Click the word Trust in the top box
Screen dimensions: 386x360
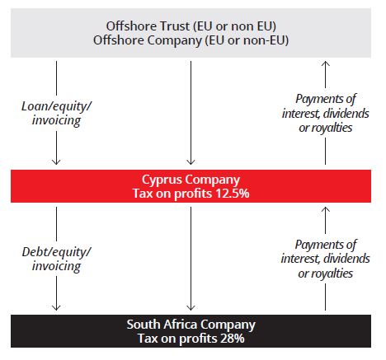pyautogui.click(x=175, y=26)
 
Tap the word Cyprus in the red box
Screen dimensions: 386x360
pyautogui.click(x=162, y=180)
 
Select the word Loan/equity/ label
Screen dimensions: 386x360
pyautogui.click(x=56, y=106)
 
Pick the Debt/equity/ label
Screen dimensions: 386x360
pyautogui.click(x=56, y=252)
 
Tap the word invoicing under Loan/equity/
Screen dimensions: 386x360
pyautogui.click(x=56, y=120)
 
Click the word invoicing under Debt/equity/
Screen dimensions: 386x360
pyautogui.click(x=56, y=266)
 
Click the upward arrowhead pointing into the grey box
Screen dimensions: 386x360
pyautogui.click(x=326, y=63)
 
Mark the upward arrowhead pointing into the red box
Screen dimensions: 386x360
pyautogui.click(x=326, y=209)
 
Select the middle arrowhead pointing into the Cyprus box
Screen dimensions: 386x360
pyautogui.click(x=191, y=162)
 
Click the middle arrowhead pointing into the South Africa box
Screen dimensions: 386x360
pyautogui.click(x=191, y=307)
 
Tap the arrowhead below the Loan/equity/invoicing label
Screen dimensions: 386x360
pyautogui.click(x=56, y=162)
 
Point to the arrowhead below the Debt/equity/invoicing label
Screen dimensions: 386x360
pyautogui.click(x=56, y=307)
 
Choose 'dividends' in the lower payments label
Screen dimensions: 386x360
pyautogui.click(x=346, y=259)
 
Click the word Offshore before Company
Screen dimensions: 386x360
pyautogui.click(x=119, y=40)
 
